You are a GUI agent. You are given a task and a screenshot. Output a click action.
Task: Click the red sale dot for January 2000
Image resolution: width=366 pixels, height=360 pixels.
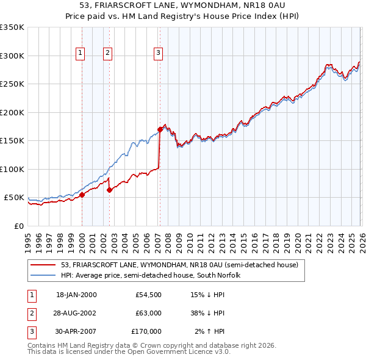[x=82, y=195]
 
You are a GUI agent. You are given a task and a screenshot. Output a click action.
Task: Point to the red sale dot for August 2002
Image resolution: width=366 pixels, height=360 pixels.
[x=110, y=190]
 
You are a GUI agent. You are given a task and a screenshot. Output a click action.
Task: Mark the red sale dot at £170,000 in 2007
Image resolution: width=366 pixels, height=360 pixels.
[x=160, y=129]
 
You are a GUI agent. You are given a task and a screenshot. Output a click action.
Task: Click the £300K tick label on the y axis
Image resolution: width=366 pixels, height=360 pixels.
[x=12, y=56]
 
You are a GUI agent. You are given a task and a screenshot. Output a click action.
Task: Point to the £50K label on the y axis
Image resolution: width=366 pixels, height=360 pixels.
[x=14, y=198]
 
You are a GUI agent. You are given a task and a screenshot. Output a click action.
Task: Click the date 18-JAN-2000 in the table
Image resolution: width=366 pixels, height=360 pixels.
[x=76, y=295]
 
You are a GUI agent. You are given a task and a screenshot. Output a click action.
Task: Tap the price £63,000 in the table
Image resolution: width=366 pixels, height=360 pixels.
[x=148, y=313]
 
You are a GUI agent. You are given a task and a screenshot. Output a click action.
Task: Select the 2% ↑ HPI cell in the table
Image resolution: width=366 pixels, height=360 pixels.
[x=210, y=331]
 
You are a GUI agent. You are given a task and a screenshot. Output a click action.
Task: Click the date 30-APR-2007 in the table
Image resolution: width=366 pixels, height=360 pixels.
[x=76, y=331]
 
